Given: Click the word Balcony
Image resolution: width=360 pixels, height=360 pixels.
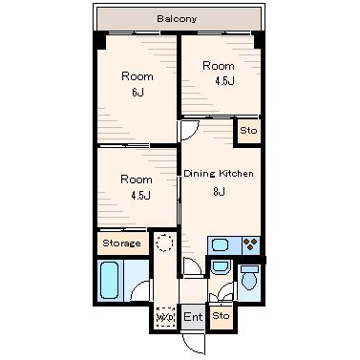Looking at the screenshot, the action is [x=177, y=18].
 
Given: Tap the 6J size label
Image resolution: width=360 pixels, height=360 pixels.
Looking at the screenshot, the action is [x=138, y=93].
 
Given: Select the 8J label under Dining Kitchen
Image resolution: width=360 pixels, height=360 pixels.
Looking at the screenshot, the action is [x=220, y=192].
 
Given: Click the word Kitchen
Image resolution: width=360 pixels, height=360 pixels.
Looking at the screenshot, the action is [x=236, y=174].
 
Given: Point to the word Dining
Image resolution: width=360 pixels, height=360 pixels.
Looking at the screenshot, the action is [x=200, y=174].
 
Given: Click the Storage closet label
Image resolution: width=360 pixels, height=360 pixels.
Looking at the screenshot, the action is [x=121, y=244].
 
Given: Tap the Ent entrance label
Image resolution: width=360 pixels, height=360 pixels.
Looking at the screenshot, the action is [x=193, y=317].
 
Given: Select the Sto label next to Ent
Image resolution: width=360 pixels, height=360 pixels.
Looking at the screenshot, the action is [x=221, y=316].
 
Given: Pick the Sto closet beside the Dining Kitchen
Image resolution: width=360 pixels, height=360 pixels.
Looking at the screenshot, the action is [x=248, y=131].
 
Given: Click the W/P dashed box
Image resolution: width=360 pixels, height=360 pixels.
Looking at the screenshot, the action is [x=165, y=317].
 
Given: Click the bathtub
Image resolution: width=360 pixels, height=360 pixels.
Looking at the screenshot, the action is [x=110, y=280].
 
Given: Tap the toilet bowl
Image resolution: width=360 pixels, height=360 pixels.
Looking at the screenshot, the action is [x=248, y=278].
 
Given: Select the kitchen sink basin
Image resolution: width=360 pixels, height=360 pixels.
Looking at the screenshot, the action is [x=221, y=245].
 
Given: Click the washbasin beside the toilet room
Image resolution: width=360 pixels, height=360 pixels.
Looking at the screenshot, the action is [x=220, y=267].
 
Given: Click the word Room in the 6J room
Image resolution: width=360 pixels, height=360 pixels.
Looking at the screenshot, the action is [x=138, y=76].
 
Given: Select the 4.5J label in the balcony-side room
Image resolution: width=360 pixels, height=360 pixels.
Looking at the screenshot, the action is [x=225, y=81].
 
